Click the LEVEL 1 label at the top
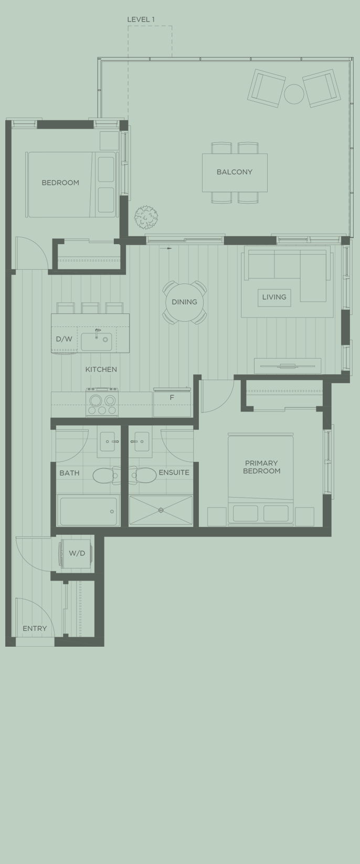pyautogui.click(x=141, y=19)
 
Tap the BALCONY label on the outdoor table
pyautogui.click(x=235, y=172)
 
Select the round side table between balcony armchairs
pyautogui.click(x=294, y=94)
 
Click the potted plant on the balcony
pyautogui.click(x=146, y=217)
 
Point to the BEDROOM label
pyautogui.click(x=60, y=183)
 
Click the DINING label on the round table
pyautogui.click(x=184, y=302)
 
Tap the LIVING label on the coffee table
pyautogui.click(x=274, y=297)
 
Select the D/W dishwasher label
pyautogui.click(x=64, y=339)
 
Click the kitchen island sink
pyautogui.click(x=96, y=341)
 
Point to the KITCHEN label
pyautogui.click(x=101, y=370)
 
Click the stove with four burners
pyautogui.click(x=102, y=403)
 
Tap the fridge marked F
pyautogui.click(x=172, y=398)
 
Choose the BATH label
pyautogui.click(x=69, y=473)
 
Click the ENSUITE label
pyautogui.click(x=174, y=472)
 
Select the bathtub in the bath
pyautogui.click(x=88, y=511)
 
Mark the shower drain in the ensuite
pyautogui.click(x=161, y=510)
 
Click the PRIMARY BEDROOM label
pyautogui.click(x=261, y=467)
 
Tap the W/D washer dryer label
pyautogui.click(x=77, y=553)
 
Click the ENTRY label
pyautogui.click(x=35, y=628)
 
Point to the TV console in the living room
pyautogui.click(x=287, y=365)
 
